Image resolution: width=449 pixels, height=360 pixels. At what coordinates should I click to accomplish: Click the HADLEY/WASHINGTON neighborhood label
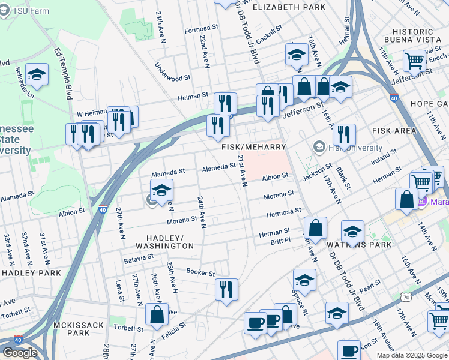click(164, 242)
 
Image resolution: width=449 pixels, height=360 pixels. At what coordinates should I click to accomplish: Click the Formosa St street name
click(201, 28)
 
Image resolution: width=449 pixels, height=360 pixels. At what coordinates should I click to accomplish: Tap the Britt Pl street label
click(280, 240)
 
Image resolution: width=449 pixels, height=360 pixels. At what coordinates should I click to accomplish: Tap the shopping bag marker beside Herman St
click(315, 228)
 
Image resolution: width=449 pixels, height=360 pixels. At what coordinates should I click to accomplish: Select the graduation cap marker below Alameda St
click(161, 190)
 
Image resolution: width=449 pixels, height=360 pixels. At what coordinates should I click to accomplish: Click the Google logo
click(20, 353)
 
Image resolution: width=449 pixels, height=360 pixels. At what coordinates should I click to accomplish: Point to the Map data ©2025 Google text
click(411, 355)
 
